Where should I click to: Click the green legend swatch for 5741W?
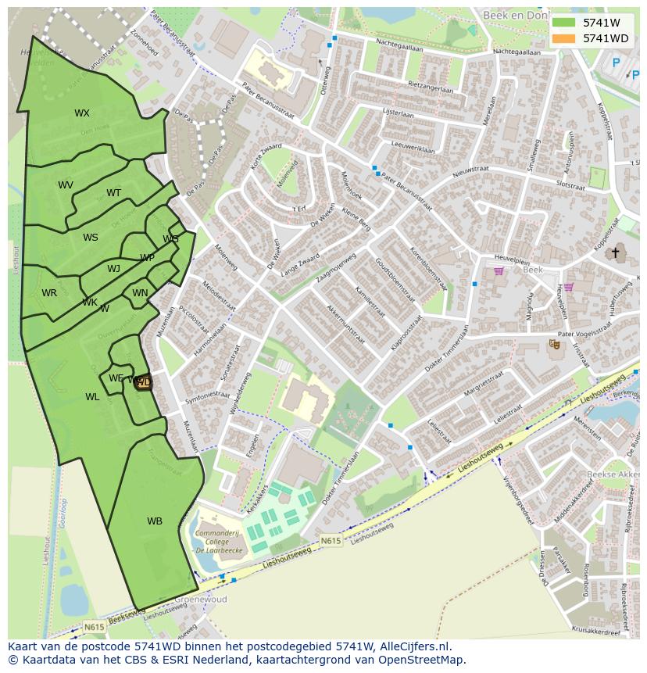pos(563,23)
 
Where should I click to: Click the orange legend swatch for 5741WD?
pos(563,38)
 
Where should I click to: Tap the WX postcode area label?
pos(82,113)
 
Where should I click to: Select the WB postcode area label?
pos(155,521)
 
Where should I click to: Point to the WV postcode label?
pos(66,185)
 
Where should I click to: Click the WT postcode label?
pos(114,193)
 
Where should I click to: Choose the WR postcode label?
pos(49,293)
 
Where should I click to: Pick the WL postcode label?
pos(92,397)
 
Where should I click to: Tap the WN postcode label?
pos(140,293)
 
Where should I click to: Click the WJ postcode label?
pos(114,269)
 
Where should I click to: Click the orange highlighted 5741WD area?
pos(143,381)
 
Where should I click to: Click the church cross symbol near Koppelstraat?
pos(615,252)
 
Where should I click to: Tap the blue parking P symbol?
pos(616,63)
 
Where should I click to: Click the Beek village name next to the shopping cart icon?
pos(533,270)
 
